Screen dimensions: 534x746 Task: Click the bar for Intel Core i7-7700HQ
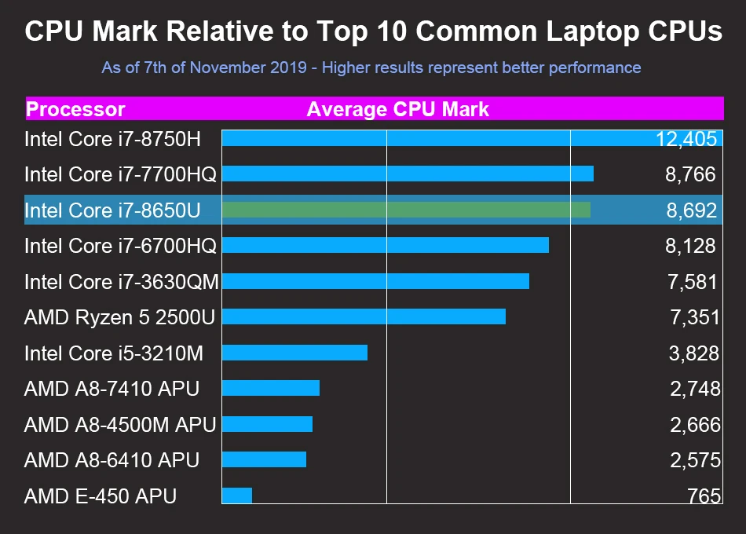[x=408, y=174]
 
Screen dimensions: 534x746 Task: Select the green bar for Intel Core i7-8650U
[x=406, y=210]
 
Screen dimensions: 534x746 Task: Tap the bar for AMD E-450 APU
[x=237, y=496]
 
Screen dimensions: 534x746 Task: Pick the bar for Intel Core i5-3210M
[x=294, y=353]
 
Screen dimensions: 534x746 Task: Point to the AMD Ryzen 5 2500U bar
[x=364, y=316]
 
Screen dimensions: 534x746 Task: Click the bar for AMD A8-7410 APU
[x=271, y=388]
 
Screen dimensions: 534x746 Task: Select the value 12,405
[x=686, y=139]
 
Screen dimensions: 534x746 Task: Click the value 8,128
[x=690, y=246]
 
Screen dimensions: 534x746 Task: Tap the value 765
[x=703, y=496]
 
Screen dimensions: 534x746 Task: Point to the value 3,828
[x=693, y=353]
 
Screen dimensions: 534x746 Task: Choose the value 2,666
[x=694, y=425]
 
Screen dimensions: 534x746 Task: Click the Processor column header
[x=75, y=109]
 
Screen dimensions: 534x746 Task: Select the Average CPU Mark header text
[x=397, y=109]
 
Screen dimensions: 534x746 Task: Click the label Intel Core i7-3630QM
[x=121, y=281]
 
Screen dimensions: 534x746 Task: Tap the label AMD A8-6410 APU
[x=112, y=460]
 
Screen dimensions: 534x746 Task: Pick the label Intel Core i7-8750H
[x=112, y=139]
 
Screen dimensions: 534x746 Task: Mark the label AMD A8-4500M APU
[x=119, y=425]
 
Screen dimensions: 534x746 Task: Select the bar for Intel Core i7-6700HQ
[x=385, y=245]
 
